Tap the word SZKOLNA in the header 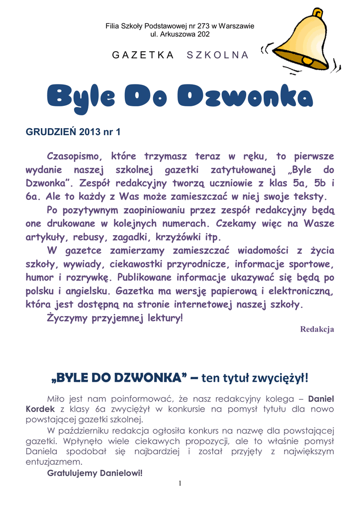tap(217, 55)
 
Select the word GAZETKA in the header tap(143, 55)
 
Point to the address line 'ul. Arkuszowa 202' tap(180, 34)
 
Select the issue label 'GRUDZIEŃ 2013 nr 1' tap(73, 132)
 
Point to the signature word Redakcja tap(317, 329)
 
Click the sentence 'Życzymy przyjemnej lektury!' tap(115, 318)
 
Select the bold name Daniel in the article tap(321, 399)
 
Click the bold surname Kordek tap(41, 409)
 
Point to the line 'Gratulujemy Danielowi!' tap(94, 473)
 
